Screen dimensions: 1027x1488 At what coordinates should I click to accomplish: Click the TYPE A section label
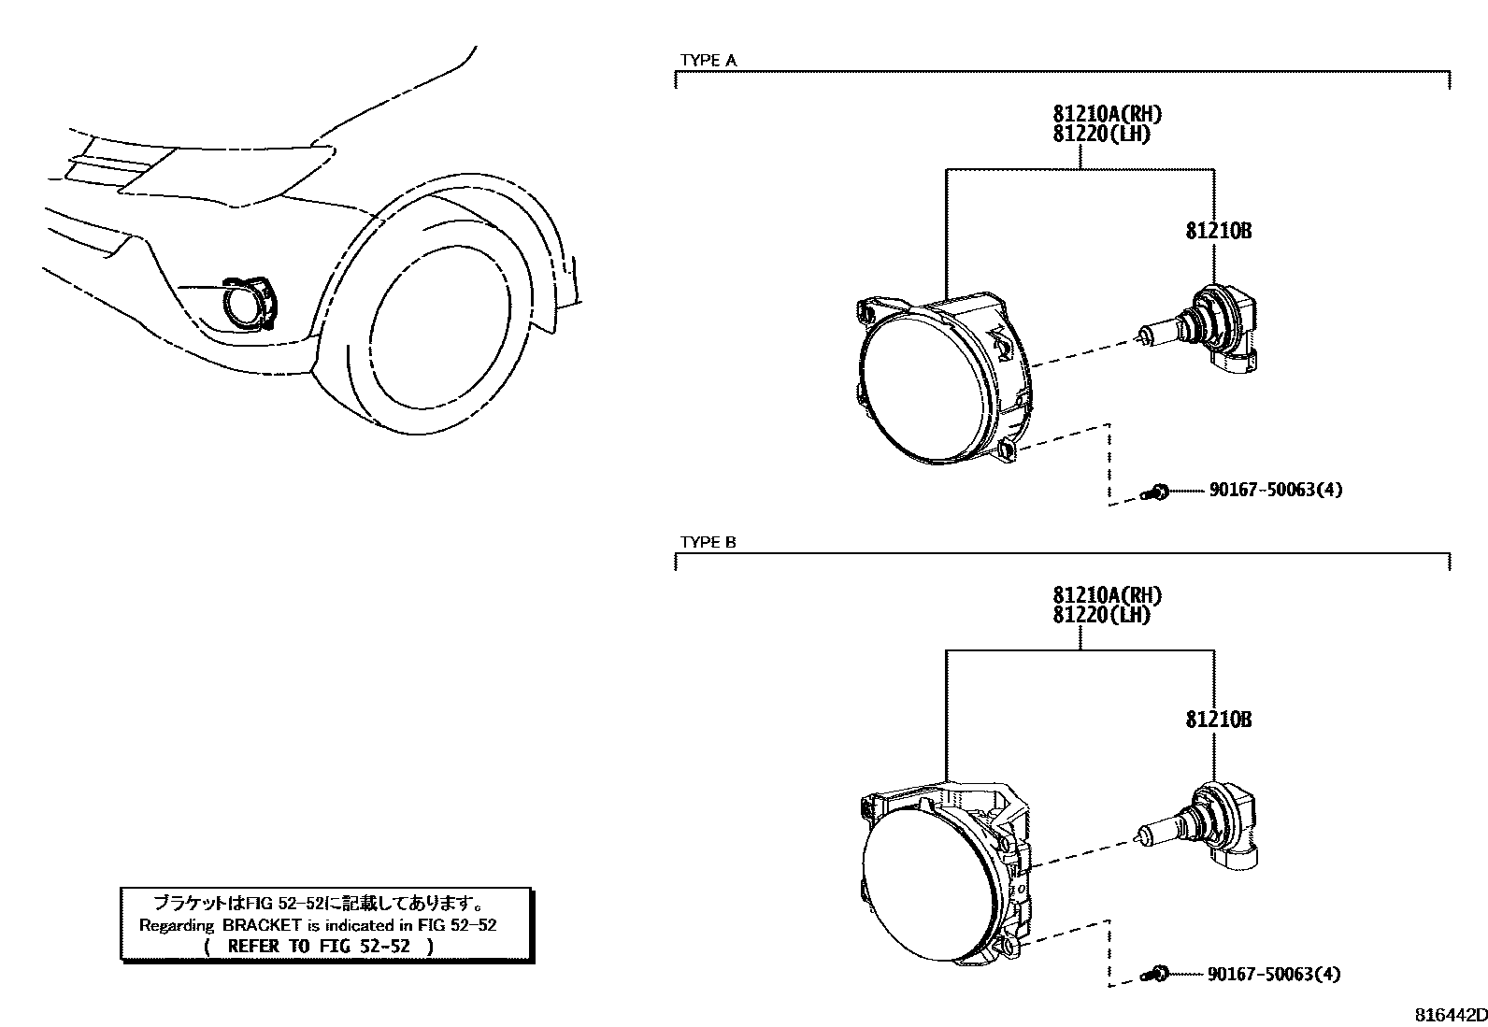click(708, 61)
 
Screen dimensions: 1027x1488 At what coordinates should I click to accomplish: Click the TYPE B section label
click(708, 543)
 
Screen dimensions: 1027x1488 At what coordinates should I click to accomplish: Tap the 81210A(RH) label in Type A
click(1107, 114)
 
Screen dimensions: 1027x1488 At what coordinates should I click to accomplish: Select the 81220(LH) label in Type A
click(1101, 134)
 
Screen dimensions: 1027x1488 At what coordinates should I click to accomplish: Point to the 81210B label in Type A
click(1218, 231)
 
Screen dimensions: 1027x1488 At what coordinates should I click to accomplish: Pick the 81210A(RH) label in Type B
click(1107, 595)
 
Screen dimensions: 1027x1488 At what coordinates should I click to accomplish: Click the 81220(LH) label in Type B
click(1101, 615)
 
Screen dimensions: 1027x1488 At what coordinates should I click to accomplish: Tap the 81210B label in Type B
click(1218, 719)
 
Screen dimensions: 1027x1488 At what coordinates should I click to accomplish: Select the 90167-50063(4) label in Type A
click(1275, 490)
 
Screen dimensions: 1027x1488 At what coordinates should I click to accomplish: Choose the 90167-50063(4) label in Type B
click(1273, 974)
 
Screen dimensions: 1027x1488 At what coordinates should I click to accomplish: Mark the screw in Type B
click(1157, 975)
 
